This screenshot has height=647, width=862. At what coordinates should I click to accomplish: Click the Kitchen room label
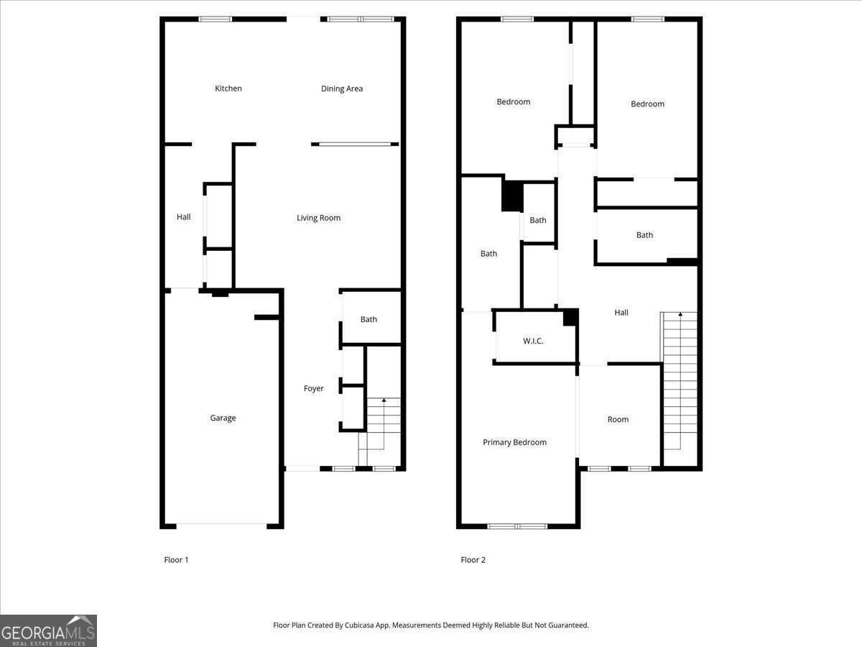pos(228,88)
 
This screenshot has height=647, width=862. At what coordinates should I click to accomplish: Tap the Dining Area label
pos(342,89)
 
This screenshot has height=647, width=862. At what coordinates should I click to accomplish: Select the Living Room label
pos(318,218)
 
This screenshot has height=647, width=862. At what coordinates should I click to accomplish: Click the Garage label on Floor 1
pos(223,418)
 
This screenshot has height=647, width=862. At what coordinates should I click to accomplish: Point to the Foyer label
pos(313,388)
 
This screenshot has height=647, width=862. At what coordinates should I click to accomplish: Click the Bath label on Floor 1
pos(369,319)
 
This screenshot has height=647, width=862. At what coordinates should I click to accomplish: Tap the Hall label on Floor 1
pos(184,216)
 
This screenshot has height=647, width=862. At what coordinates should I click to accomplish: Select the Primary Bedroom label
pos(514,442)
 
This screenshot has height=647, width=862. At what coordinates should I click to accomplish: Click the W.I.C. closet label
pos(533,341)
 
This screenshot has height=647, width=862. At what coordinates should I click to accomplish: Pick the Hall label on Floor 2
pos(621,312)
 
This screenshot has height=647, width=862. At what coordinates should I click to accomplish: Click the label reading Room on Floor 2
pos(618,419)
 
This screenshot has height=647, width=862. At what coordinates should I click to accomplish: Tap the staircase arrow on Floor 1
pos(384,400)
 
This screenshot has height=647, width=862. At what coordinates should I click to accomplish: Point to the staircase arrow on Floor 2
pos(680,315)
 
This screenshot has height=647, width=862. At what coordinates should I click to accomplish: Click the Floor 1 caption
pos(176,559)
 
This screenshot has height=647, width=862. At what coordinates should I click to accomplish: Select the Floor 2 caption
pos(473,559)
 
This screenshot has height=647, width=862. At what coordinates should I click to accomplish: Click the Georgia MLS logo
pos(48,630)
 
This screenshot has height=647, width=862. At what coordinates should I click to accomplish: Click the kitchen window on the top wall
pos(215,19)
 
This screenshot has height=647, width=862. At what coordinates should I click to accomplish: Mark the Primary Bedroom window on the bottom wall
pos(517,526)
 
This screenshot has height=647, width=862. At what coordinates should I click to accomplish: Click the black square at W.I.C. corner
pos(571,317)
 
